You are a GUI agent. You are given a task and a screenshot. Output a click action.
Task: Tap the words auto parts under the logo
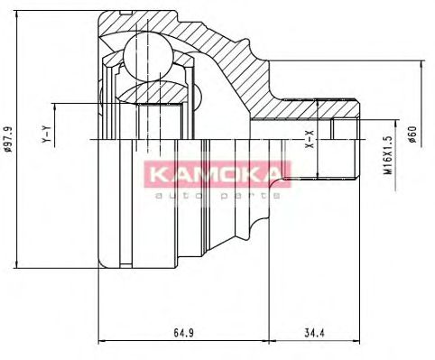tap(216, 194)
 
